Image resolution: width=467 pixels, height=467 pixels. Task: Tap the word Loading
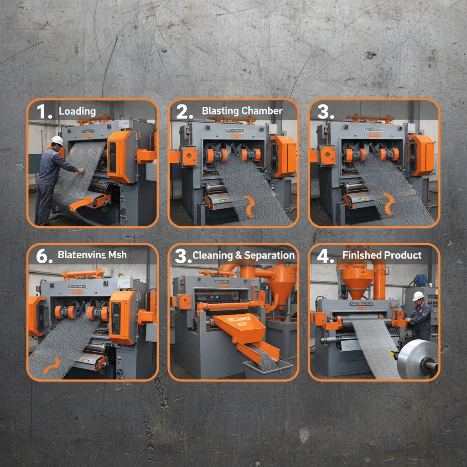click(77, 111)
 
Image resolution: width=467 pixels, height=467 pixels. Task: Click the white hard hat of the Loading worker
click(57, 140)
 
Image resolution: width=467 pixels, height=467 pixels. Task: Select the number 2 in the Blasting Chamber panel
click(185, 112)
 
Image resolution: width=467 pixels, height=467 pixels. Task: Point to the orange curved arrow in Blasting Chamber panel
click(249, 206)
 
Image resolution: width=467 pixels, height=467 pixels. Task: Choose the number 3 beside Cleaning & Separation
click(182, 256)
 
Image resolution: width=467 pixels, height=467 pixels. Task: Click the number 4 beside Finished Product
click(325, 256)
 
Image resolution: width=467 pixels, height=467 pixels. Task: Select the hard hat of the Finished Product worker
click(418, 296)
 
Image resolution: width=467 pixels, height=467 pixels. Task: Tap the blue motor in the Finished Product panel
click(420, 280)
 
